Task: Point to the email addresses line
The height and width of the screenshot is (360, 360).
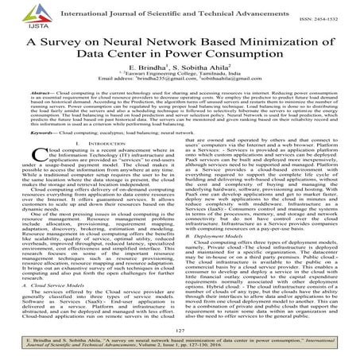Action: [x=180, y=85]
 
